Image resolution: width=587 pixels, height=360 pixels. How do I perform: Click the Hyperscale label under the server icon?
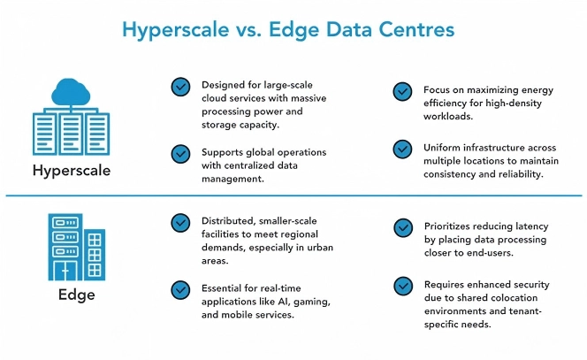coord(72,170)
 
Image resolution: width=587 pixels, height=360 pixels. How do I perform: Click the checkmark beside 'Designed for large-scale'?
coord(180,86)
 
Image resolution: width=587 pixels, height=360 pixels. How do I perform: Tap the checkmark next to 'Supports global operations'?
coord(180,152)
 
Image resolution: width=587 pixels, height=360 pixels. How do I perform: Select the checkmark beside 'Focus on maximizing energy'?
coord(402,91)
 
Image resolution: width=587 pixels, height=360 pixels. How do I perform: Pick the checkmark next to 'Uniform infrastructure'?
coord(402,148)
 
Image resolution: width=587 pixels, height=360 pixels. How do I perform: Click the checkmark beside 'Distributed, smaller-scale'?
coord(180,221)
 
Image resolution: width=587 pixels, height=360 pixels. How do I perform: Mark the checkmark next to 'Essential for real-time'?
coord(180,287)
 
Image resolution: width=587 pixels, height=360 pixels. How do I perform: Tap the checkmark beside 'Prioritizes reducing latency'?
coord(402,227)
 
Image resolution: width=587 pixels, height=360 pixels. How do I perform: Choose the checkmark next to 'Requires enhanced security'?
coord(402,285)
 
